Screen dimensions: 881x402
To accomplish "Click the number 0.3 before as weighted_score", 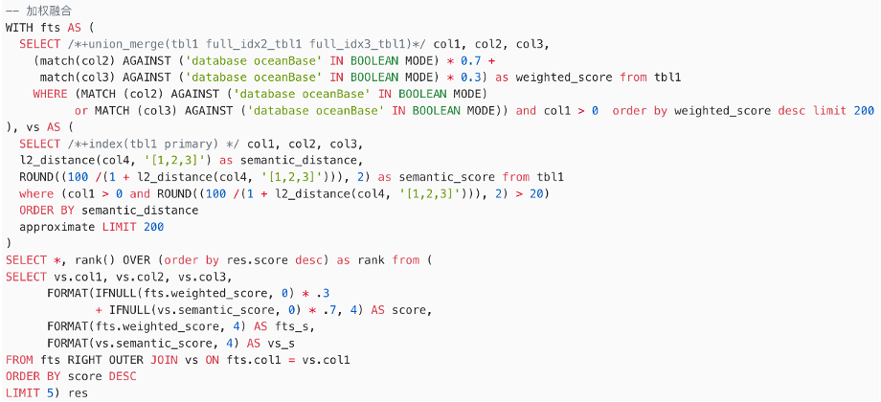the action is pos(474,77).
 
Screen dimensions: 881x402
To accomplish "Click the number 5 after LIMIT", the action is pos(49,393).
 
